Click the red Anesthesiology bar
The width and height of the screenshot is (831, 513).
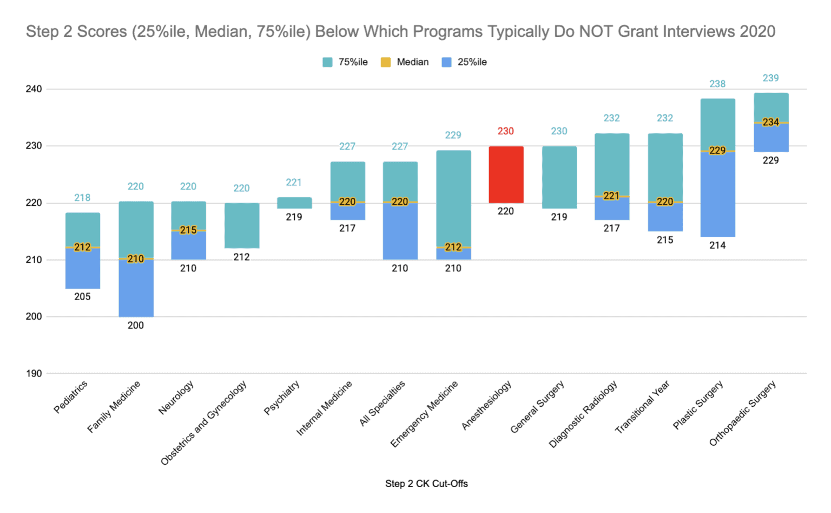[x=506, y=174]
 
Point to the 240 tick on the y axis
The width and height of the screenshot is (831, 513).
[x=34, y=89]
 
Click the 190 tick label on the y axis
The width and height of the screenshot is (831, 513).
[x=34, y=373]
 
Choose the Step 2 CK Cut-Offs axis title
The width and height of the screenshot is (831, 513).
[x=426, y=484]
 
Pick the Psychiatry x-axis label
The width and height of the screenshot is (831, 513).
[x=282, y=398]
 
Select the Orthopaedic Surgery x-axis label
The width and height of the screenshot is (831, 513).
[x=743, y=413]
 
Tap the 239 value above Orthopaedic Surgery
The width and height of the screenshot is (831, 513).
[x=771, y=78]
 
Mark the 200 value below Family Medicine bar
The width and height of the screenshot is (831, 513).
[x=136, y=325]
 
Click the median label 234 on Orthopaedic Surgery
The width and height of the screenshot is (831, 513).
[x=771, y=122]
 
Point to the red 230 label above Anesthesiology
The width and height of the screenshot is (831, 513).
[x=506, y=131]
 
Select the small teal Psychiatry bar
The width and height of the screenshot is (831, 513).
[x=294, y=203]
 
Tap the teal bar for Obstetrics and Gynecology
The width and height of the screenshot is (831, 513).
[x=242, y=225]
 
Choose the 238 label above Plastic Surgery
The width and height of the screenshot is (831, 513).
[x=718, y=84]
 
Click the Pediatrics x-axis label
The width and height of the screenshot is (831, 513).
[x=71, y=397]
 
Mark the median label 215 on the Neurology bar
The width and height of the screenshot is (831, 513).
[x=188, y=230]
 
